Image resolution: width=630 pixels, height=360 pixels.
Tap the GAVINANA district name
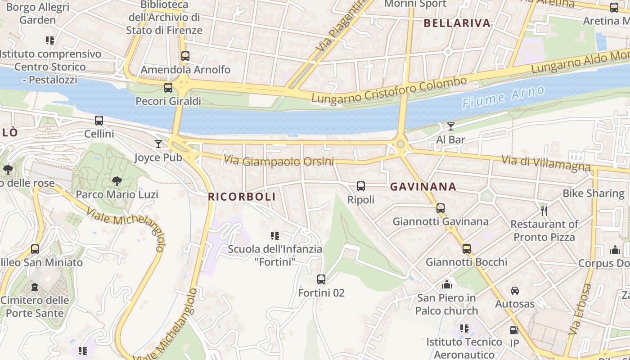pos(423,186)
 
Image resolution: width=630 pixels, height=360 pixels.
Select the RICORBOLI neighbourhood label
pos(242,197)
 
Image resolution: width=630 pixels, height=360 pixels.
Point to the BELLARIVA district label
pos(457,23)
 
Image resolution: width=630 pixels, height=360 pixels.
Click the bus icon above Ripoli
pos(360,186)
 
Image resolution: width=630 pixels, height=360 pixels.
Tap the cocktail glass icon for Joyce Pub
pos(158,144)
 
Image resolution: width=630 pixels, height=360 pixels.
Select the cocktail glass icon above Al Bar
pos(450,126)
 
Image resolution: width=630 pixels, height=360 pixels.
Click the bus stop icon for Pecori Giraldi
pos(168,87)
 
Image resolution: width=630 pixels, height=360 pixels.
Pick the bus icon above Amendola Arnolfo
pos(185,56)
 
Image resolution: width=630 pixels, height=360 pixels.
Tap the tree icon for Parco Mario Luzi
pos(117,181)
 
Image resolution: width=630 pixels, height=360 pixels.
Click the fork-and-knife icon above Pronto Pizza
pos(544,210)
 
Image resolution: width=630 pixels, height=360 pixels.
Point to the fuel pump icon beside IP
pos(514,330)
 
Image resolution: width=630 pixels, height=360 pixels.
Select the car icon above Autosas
pos(515,290)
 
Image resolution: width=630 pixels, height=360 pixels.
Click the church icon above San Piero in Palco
pos(446,284)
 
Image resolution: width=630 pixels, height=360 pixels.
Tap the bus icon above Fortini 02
pos(321,279)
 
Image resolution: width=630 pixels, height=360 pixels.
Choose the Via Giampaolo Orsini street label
pos(279,161)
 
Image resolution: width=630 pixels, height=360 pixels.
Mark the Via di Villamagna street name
pos(546,163)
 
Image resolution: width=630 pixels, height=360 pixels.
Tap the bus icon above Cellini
pos(99,120)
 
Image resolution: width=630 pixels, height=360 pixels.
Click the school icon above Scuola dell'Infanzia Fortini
pos(274,235)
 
